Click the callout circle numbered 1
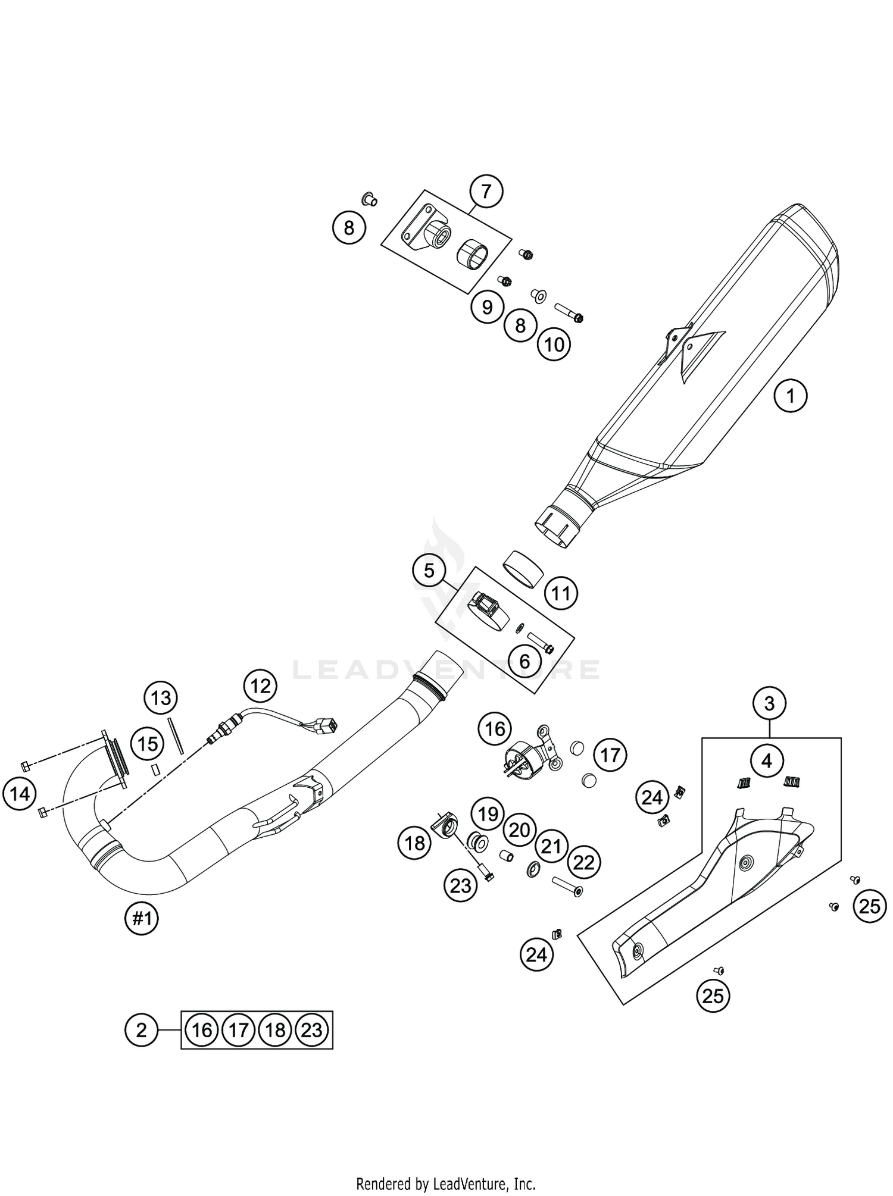click(791, 395)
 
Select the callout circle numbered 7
click(486, 192)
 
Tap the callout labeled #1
click(142, 919)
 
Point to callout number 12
click(260, 686)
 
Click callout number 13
click(161, 697)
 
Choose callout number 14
click(20, 793)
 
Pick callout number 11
click(561, 593)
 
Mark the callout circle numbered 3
click(769, 704)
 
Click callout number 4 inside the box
click(767, 760)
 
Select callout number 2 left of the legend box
click(141, 1030)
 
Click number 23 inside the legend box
click(312, 1030)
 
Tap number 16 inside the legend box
click(202, 1030)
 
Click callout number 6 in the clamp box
click(524, 661)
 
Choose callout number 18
click(414, 842)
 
